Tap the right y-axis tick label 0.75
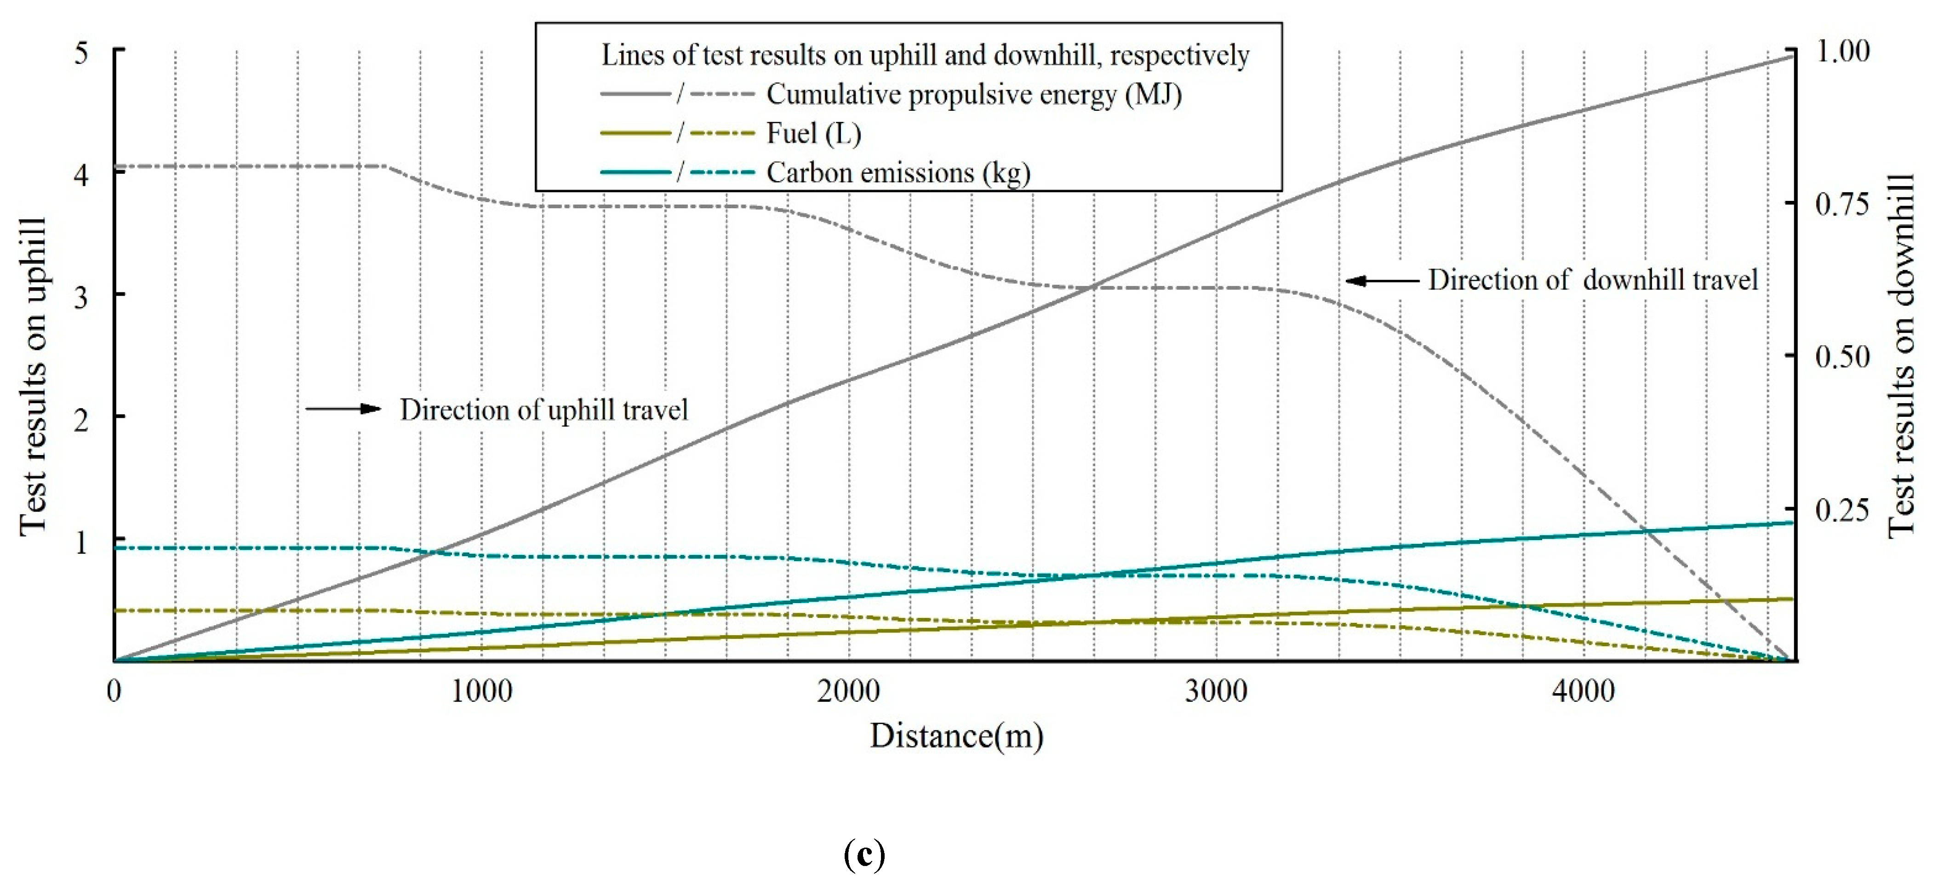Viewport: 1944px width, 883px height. click(x=1842, y=204)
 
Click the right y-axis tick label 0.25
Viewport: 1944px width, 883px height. click(x=1842, y=510)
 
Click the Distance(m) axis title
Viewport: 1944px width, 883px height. click(x=956, y=736)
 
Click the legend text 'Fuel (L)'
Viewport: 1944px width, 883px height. click(x=813, y=134)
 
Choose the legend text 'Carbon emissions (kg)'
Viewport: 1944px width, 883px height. click(x=898, y=173)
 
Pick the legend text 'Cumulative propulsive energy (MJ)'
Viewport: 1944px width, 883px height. click(x=973, y=94)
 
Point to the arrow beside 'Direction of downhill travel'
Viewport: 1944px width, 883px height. click(x=1382, y=281)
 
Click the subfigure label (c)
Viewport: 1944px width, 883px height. click(x=864, y=855)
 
